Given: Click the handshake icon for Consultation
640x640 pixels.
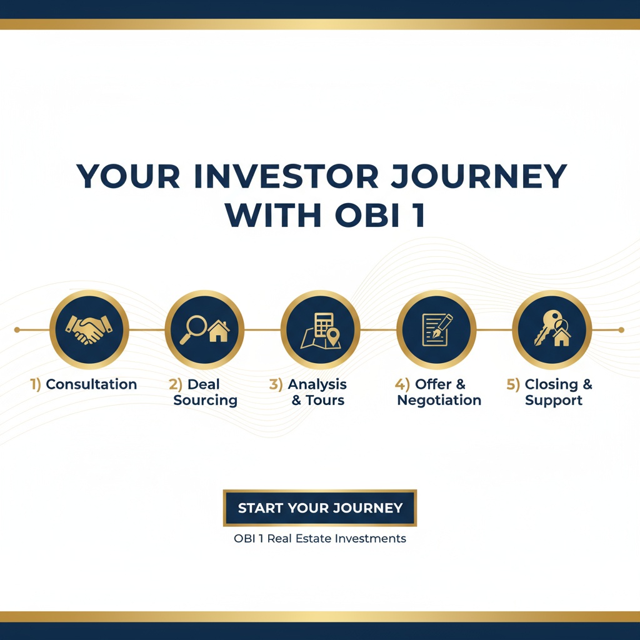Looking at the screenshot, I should [89, 329].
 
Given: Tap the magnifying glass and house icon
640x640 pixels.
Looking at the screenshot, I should [204, 329].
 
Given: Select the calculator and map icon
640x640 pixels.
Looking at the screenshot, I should [320, 329].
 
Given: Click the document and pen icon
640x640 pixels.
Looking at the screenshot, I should [436, 329].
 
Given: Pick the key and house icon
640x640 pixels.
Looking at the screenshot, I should [552, 329].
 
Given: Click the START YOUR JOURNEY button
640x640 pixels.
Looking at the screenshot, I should [320, 508].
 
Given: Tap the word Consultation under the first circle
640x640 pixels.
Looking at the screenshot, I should [91, 384].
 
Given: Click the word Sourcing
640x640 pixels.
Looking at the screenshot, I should [205, 401].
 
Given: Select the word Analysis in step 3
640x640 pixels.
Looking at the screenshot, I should [317, 384].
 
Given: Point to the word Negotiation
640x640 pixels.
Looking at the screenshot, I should [439, 401].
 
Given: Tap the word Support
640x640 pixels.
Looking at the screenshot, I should [554, 401].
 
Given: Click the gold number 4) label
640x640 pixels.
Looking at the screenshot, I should [402, 384].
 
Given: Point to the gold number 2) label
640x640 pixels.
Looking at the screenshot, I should [176, 384].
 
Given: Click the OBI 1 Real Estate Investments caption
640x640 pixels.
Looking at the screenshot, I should [320, 538].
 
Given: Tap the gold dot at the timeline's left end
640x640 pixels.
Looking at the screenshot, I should [17, 329].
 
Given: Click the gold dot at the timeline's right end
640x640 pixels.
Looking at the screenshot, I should [621, 329].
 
